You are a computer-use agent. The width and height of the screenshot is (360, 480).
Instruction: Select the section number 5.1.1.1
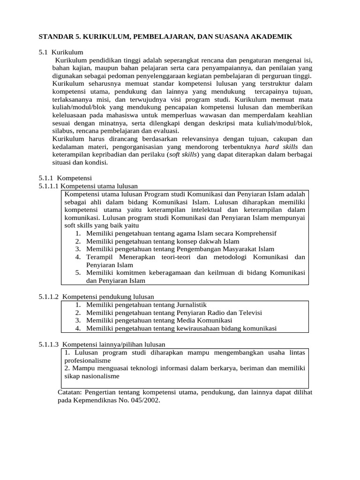[49, 186]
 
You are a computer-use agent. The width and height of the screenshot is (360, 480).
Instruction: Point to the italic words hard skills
[281, 147]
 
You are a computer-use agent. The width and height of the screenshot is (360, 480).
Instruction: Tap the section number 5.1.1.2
[49, 297]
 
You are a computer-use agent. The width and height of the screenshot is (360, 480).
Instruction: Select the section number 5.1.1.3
[49, 344]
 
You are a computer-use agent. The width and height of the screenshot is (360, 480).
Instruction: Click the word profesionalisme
[87, 360]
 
